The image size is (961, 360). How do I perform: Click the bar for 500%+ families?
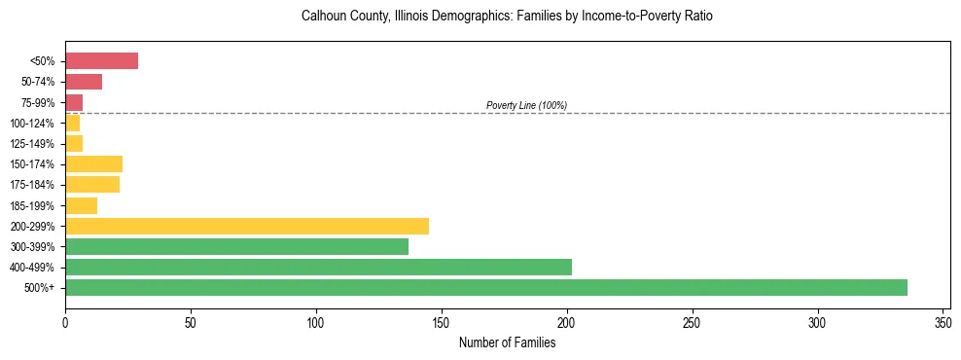tap(486, 287)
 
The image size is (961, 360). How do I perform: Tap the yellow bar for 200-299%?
tap(247, 226)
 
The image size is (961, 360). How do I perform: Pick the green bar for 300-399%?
tap(236, 246)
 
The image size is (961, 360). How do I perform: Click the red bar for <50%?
tap(101, 61)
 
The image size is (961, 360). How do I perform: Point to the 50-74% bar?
tap(84, 82)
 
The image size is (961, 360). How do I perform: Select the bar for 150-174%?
tap(93, 163)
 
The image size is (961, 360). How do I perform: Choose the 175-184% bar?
tap(92, 184)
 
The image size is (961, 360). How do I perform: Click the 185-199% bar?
tap(81, 205)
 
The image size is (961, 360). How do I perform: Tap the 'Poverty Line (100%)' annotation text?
tap(526, 105)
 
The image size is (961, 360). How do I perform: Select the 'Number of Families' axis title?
tap(507, 342)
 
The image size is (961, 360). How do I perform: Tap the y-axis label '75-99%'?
tap(41, 103)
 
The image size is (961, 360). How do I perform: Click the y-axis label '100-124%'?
tap(37, 124)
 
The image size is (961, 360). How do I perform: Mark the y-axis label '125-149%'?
tap(37, 144)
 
